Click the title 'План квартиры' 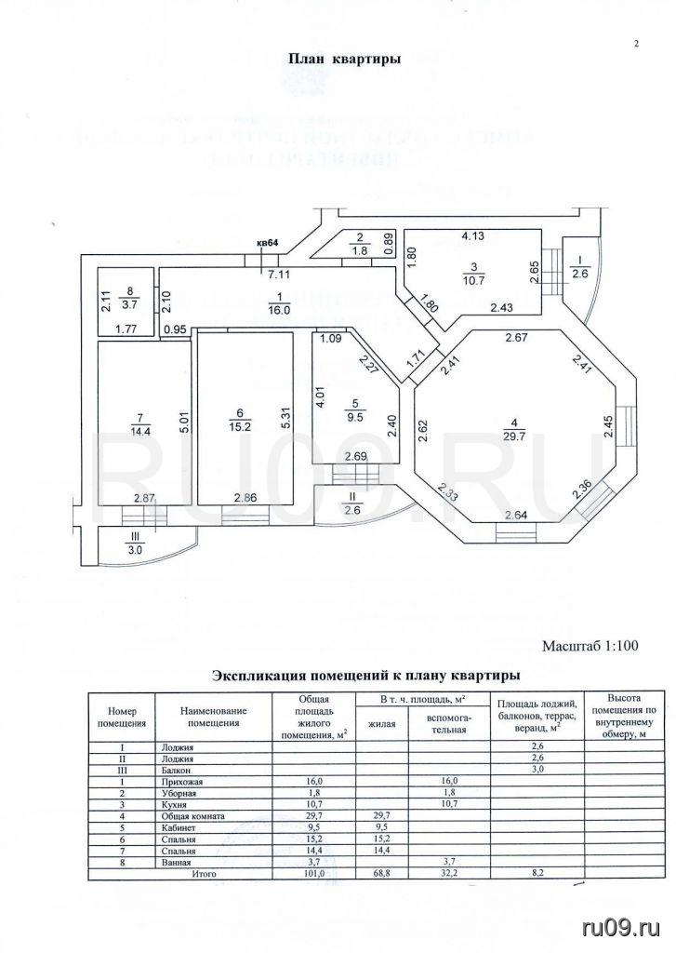click(343, 59)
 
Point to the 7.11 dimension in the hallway click(278, 275)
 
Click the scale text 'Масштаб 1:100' click(590, 644)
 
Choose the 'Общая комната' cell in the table click(192, 815)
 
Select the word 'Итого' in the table click(204, 874)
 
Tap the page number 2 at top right click(636, 44)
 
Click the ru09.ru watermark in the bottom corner click(620, 928)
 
